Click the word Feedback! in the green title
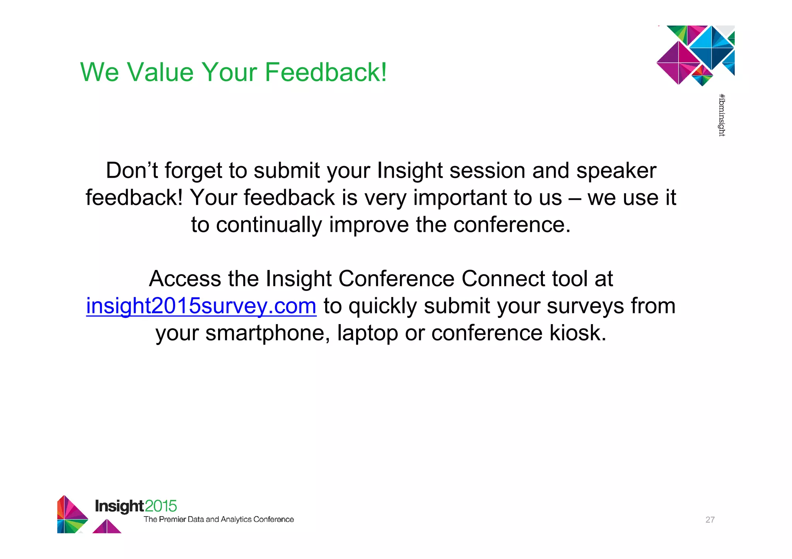(x=326, y=72)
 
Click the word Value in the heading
(x=160, y=72)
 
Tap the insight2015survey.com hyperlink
(x=201, y=306)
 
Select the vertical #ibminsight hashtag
(x=722, y=115)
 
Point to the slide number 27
(x=710, y=520)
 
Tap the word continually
(x=268, y=225)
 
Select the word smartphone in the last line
(x=267, y=333)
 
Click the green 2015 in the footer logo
(x=161, y=506)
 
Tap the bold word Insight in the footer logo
(x=119, y=506)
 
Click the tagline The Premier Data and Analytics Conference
(x=218, y=520)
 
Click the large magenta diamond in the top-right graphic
(x=678, y=63)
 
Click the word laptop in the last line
(x=367, y=333)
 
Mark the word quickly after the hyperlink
(x=382, y=306)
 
